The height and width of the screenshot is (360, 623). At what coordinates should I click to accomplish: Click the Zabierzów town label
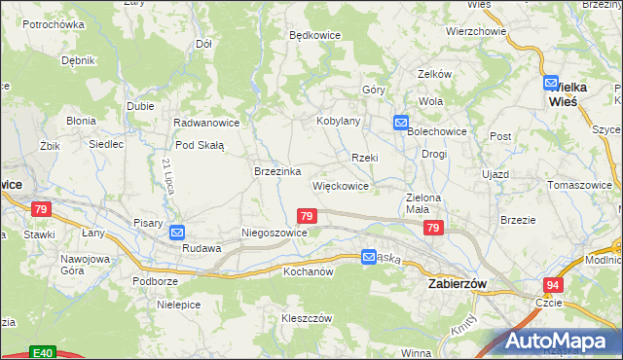pyautogui.click(x=457, y=282)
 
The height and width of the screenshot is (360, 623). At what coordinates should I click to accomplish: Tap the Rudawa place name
pyautogui.click(x=202, y=248)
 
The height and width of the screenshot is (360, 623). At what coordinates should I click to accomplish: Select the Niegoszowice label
pyautogui.click(x=275, y=234)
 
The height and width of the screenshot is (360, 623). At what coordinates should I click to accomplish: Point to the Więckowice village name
pyautogui.click(x=340, y=186)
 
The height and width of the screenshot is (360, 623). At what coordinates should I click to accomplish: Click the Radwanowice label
pyautogui.click(x=206, y=124)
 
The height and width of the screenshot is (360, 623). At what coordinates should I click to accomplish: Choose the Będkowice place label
pyautogui.click(x=314, y=34)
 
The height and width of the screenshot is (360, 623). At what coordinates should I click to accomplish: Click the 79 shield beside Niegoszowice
pyautogui.click(x=307, y=216)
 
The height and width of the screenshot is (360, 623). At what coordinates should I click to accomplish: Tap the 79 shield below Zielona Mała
pyautogui.click(x=434, y=228)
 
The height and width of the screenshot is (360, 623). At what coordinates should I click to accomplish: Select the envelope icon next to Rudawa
pyautogui.click(x=177, y=233)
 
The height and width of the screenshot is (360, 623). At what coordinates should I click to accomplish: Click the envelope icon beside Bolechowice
pyautogui.click(x=400, y=123)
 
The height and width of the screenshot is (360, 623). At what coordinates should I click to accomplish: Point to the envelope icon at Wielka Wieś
pyautogui.click(x=551, y=84)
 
